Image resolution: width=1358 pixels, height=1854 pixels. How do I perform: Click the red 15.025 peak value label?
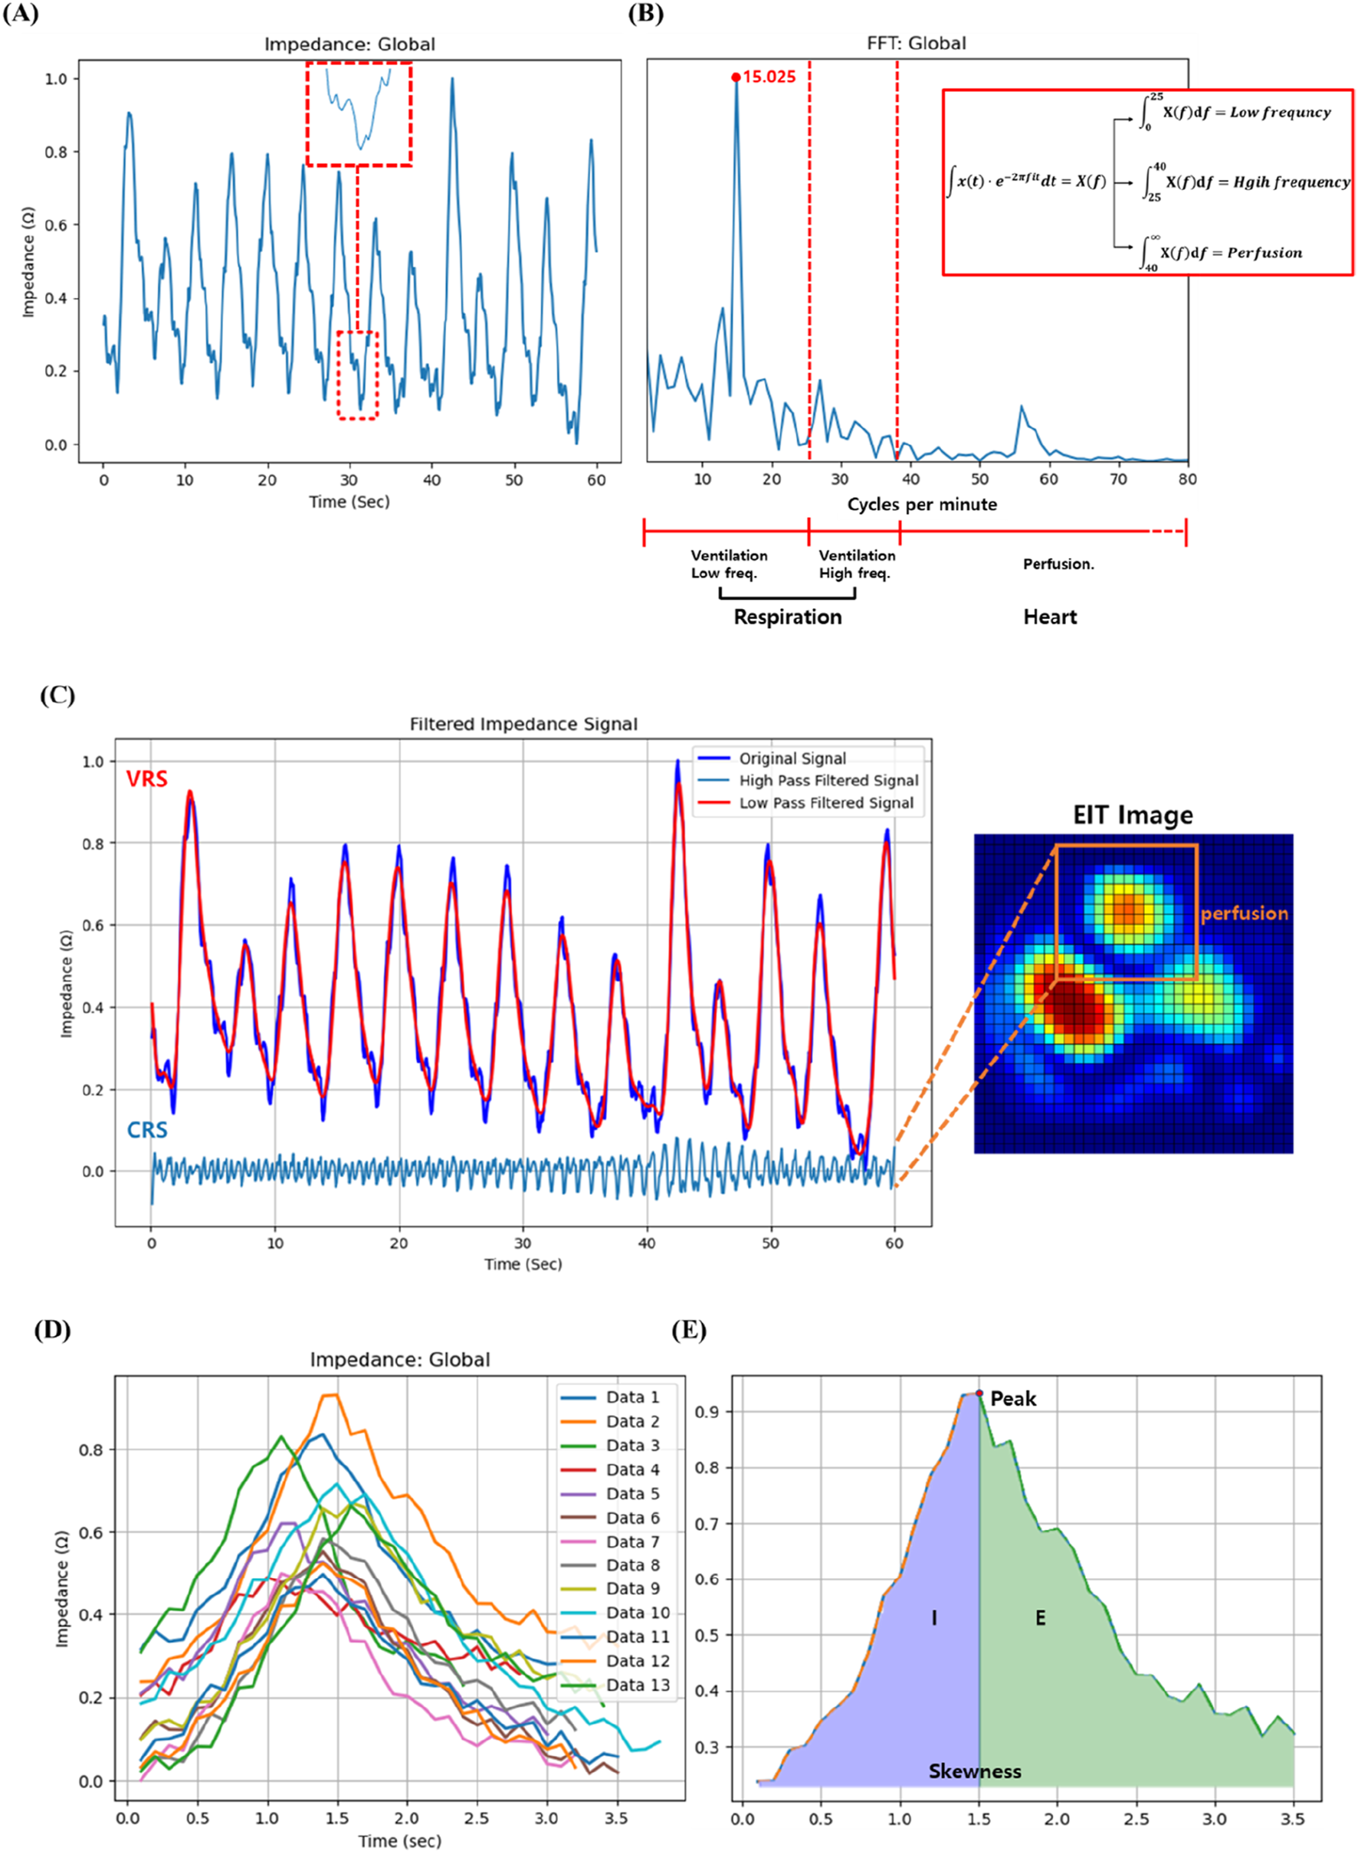[769, 77]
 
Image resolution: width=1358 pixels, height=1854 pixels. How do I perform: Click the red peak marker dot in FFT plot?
[736, 77]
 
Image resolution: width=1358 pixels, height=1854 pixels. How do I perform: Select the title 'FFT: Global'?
[916, 44]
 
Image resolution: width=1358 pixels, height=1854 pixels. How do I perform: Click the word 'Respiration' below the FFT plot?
[788, 617]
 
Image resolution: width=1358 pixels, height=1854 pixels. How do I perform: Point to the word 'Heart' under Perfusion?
[1050, 617]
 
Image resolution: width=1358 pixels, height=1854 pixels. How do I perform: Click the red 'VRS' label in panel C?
[146, 778]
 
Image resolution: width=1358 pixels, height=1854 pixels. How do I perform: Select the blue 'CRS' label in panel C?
[147, 1130]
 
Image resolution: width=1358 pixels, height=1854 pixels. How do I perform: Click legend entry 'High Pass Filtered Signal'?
[828, 781]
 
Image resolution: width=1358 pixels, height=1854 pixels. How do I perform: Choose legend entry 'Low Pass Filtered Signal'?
[825, 803]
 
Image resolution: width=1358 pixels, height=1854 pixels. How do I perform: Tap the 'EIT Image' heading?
[1132, 815]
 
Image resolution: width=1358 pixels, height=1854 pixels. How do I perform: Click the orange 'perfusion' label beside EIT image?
[1244, 913]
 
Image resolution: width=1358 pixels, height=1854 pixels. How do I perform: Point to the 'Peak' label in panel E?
[1012, 1399]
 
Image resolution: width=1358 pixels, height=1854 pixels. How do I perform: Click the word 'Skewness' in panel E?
[974, 1771]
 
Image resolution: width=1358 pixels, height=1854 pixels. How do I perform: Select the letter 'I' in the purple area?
[934, 1618]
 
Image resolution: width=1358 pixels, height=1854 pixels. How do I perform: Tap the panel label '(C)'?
[57, 696]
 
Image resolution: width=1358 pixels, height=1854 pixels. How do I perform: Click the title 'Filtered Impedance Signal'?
[523, 724]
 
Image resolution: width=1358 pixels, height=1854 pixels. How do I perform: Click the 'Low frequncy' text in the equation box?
[1279, 113]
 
